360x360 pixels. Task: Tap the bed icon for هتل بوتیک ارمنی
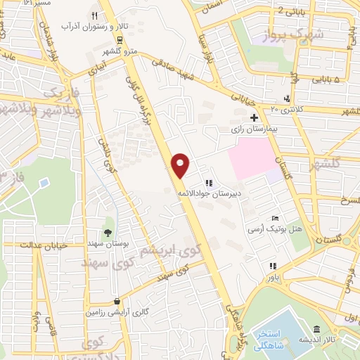[276, 218]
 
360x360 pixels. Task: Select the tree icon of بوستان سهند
[108, 231]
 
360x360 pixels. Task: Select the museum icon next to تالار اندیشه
[317, 330]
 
